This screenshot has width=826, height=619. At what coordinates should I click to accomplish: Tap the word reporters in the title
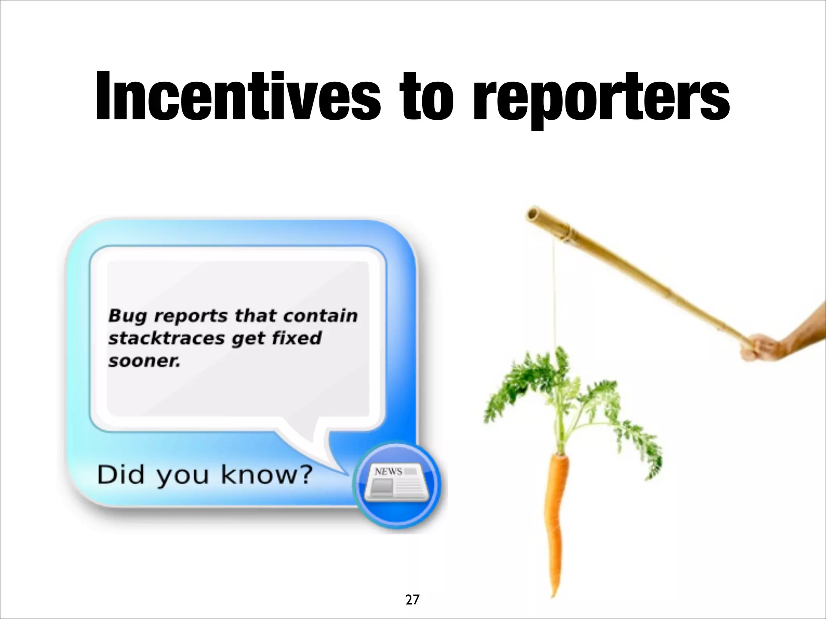click(601, 99)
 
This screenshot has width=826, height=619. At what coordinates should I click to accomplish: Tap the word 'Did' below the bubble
click(120, 475)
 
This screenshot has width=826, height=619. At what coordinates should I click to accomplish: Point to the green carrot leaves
click(565, 399)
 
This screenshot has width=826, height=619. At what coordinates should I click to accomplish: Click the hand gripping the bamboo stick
click(760, 347)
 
